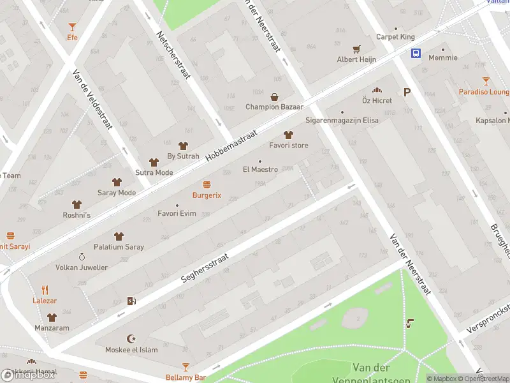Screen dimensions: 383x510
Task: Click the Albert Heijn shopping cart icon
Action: [x=356, y=49]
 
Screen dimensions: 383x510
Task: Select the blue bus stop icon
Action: [x=416, y=54]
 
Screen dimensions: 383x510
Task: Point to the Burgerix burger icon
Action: [x=207, y=184]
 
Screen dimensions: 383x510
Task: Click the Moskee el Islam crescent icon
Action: [x=132, y=338]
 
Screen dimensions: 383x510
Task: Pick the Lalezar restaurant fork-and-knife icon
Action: [x=45, y=289]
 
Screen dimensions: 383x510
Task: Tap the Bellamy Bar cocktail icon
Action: [x=186, y=367]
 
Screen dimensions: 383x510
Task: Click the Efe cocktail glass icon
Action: [x=72, y=26]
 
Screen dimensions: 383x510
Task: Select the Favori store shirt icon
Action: [x=288, y=134]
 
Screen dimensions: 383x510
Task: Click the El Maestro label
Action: [x=260, y=169]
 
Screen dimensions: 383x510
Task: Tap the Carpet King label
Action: [x=395, y=37]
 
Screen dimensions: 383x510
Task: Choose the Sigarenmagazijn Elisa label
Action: [x=342, y=120]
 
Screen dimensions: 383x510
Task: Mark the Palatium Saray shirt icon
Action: [x=118, y=236]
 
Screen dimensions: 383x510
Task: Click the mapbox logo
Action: [x=28, y=375]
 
